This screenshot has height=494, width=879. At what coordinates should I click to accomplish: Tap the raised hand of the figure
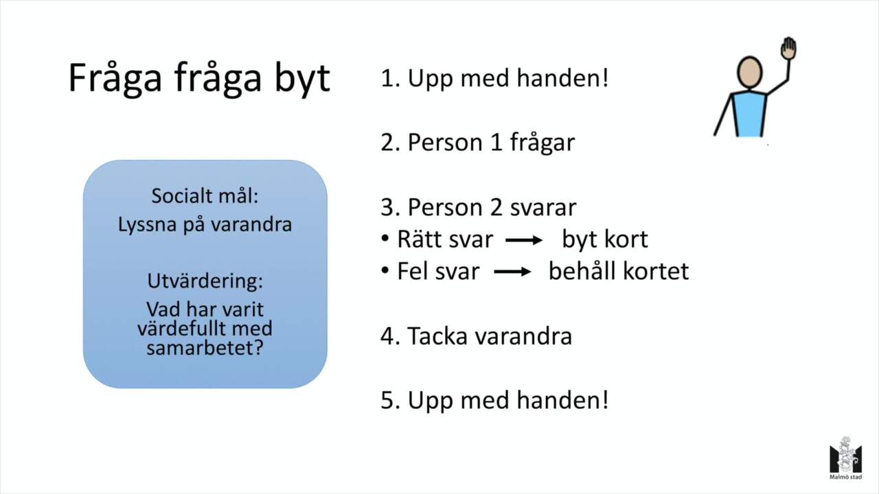(x=788, y=49)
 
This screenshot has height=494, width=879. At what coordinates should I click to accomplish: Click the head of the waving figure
(x=749, y=72)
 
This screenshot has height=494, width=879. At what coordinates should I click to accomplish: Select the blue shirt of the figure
(x=749, y=114)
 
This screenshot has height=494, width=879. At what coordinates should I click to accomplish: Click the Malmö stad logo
(x=845, y=457)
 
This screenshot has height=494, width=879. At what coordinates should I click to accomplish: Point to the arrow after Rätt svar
(x=524, y=240)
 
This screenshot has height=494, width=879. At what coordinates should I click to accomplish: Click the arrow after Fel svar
(x=512, y=272)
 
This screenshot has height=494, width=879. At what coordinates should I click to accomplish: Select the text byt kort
(x=604, y=239)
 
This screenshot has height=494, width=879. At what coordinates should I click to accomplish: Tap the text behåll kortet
(x=618, y=271)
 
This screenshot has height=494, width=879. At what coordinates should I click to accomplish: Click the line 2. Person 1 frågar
(x=477, y=143)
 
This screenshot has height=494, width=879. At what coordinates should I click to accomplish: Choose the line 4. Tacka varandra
(x=476, y=336)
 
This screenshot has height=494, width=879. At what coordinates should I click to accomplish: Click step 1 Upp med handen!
(x=494, y=78)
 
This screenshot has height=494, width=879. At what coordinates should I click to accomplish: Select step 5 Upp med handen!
(x=494, y=400)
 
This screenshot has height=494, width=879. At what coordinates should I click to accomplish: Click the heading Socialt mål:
(x=205, y=196)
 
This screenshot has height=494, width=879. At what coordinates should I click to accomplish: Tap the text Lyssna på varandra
(x=205, y=224)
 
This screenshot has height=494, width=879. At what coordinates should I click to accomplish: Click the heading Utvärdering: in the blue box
(x=205, y=281)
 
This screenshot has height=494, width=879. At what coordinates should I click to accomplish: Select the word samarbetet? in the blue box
(x=205, y=348)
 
